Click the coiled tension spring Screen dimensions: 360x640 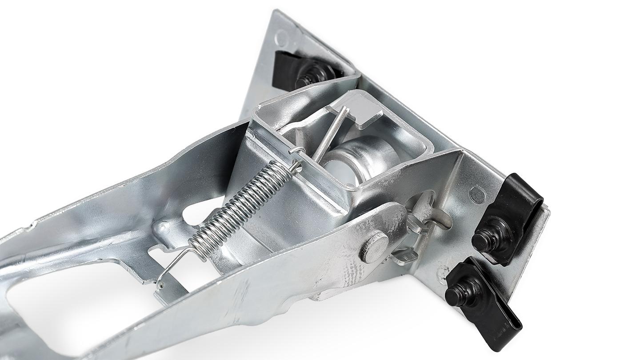240,206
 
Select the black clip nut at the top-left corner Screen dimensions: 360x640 302,71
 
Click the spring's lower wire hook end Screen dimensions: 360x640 167,271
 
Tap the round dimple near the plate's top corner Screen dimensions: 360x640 281,38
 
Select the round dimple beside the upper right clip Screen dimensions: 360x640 477,194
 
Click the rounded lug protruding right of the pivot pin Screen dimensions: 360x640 438,218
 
